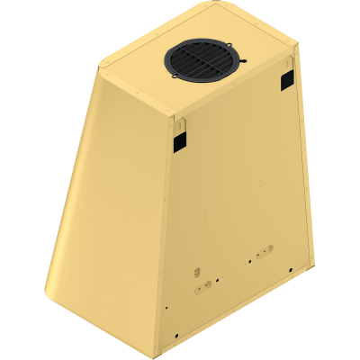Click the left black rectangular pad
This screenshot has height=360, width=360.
(x=178, y=139)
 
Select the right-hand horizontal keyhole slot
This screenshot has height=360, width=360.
(x=264, y=253)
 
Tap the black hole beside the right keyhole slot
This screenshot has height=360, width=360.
(x=249, y=261)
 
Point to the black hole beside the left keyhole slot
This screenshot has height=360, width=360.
(x=191, y=292)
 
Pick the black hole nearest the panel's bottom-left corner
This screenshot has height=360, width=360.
(x=166, y=309)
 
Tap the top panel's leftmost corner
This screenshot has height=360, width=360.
(x=96, y=69)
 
